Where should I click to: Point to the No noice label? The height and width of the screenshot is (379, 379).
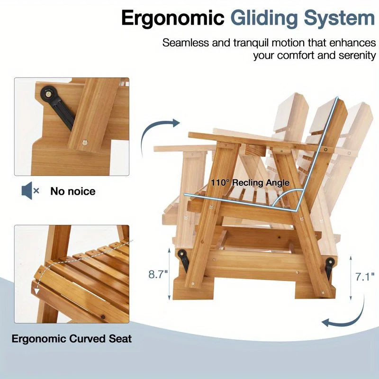(73, 191)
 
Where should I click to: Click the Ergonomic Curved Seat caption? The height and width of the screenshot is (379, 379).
(72, 339)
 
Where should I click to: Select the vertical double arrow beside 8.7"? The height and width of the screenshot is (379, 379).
(170, 275)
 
